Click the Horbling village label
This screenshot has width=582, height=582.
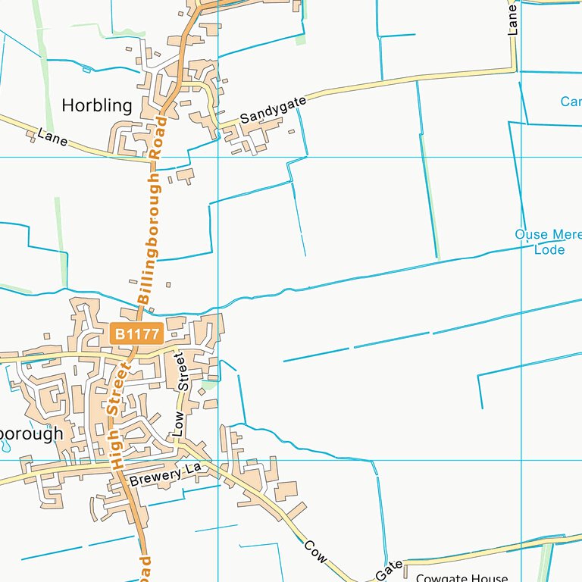(x=96, y=105)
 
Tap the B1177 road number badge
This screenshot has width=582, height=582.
(x=136, y=333)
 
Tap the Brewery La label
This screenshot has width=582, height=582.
(x=164, y=475)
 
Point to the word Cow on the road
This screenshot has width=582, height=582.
(x=315, y=551)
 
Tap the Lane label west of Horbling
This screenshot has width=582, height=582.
(x=52, y=137)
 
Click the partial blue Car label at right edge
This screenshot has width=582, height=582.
(x=571, y=102)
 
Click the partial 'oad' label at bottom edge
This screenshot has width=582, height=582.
(x=145, y=568)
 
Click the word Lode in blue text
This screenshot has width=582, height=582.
(x=549, y=249)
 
